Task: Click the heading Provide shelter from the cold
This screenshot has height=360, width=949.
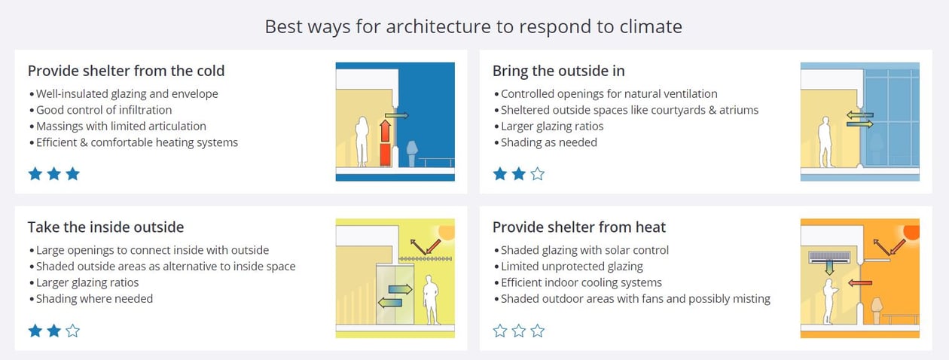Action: point(126,71)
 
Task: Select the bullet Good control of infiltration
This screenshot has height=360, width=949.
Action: point(104,110)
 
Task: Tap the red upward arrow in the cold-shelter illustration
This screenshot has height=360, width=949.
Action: point(384,133)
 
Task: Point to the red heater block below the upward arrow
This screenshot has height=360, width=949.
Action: point(385,155)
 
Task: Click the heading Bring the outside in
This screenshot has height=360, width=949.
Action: point(558,71)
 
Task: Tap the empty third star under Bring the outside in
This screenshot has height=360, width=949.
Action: point(537,175)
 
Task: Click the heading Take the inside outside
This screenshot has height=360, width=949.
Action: point(105,227)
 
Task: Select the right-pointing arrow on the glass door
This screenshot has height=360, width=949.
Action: point(400,288)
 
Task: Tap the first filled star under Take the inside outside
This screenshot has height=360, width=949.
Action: point(35,331)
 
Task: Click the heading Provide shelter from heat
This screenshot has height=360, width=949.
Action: point(578,227)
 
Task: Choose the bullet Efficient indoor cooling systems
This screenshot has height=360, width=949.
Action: point(581,282)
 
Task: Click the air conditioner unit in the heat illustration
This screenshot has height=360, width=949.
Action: point(828,257)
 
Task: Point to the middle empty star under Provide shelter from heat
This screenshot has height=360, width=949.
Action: point(518,331)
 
